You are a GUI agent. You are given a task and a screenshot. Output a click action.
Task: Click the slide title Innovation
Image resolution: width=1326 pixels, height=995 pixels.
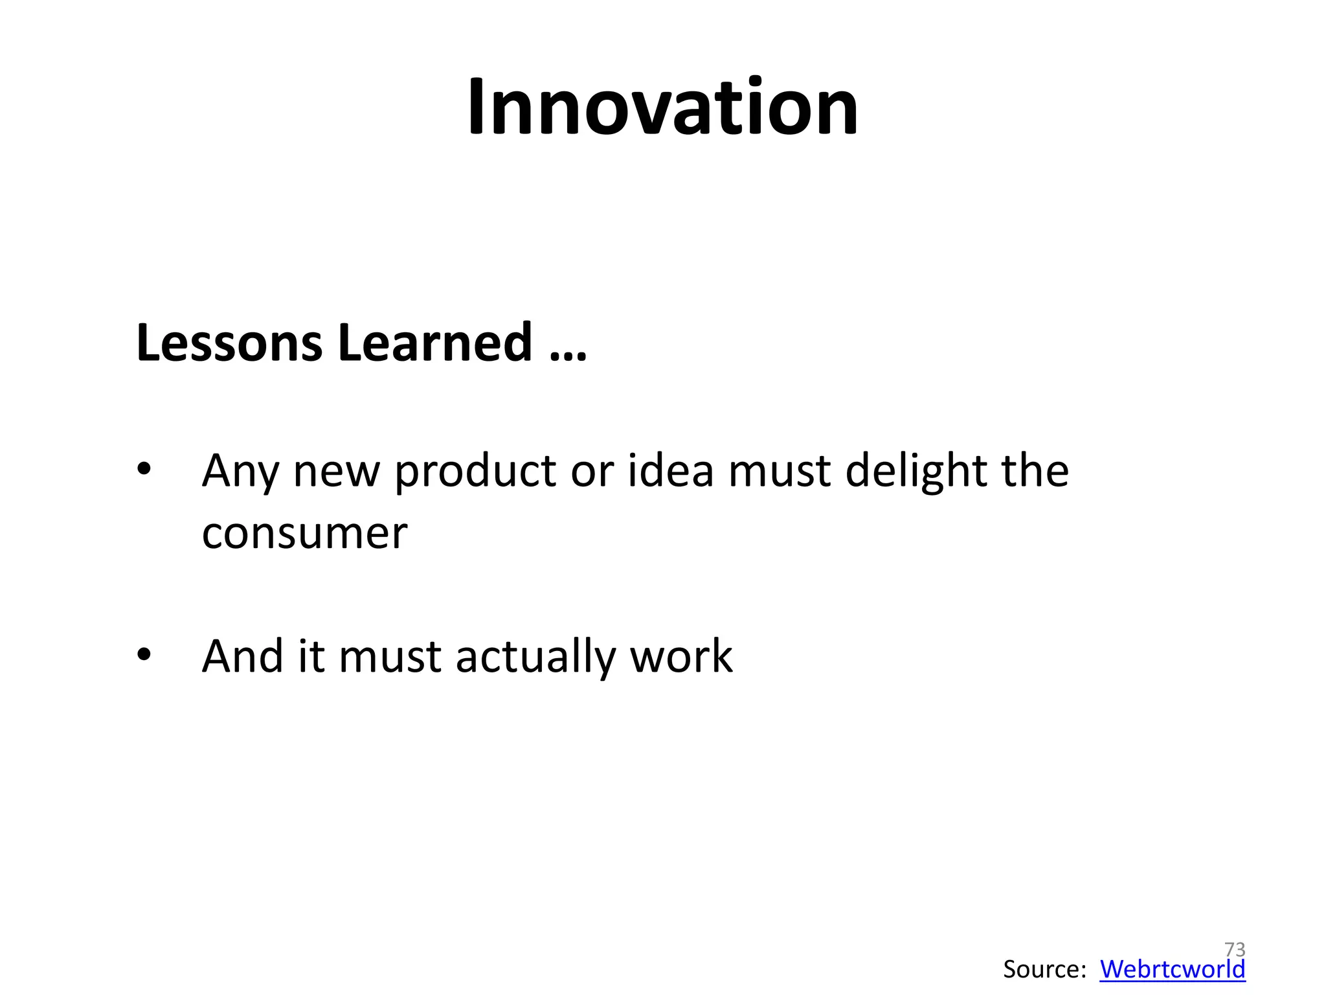click(x=662, y=107)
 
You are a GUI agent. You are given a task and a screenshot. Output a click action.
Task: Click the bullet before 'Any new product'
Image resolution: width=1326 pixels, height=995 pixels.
click(x=144, y=469)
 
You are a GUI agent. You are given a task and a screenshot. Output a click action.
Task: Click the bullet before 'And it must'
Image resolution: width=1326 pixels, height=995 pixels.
click(x=144, y=655)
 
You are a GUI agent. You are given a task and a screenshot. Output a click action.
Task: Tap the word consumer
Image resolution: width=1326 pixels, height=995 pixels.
click(x=304, y=534)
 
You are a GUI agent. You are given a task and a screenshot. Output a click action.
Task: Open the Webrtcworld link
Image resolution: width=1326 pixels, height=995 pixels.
click(x=1172, y=969)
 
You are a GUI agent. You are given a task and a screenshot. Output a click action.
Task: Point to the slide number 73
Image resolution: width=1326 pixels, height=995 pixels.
click(x=1235, y=950)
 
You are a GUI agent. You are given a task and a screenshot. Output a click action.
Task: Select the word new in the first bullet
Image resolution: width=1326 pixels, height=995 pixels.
click(x=336, y=472)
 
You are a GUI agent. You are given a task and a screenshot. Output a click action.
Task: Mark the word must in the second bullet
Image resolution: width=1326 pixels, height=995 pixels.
click(x=390, y=656)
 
